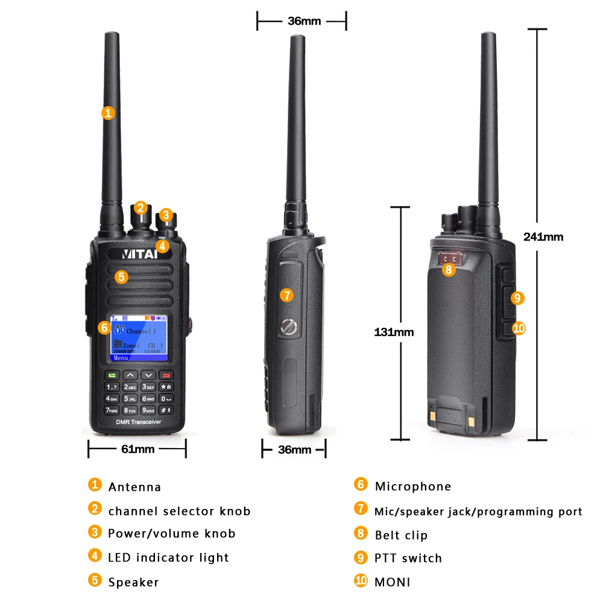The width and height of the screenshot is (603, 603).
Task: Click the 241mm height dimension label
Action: (543, 237)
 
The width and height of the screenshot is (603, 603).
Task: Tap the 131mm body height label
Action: (394, 332)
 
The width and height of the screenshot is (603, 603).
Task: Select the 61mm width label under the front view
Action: (137, 449)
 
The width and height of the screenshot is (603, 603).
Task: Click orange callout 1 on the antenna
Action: (108, 112)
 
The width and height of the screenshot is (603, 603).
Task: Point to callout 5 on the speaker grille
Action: (122, 277)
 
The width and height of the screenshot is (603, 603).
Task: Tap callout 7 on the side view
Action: (286, 295)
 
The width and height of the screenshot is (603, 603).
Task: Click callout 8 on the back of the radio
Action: (447, 270)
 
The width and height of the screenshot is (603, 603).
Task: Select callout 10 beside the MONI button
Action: (519, 328)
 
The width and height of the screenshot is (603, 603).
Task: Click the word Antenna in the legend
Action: (134, 487)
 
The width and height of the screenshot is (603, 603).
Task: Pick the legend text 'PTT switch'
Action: (408, 558)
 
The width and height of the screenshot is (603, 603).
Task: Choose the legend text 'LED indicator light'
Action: (168, 558)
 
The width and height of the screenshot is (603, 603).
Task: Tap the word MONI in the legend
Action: (393, 582)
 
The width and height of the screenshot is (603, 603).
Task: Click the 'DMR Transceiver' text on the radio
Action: (138, 423)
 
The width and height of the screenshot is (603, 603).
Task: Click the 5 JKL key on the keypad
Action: (130, 399)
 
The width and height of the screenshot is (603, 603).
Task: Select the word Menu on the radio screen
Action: (121, 357)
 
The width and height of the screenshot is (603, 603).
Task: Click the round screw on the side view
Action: (288, 326)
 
